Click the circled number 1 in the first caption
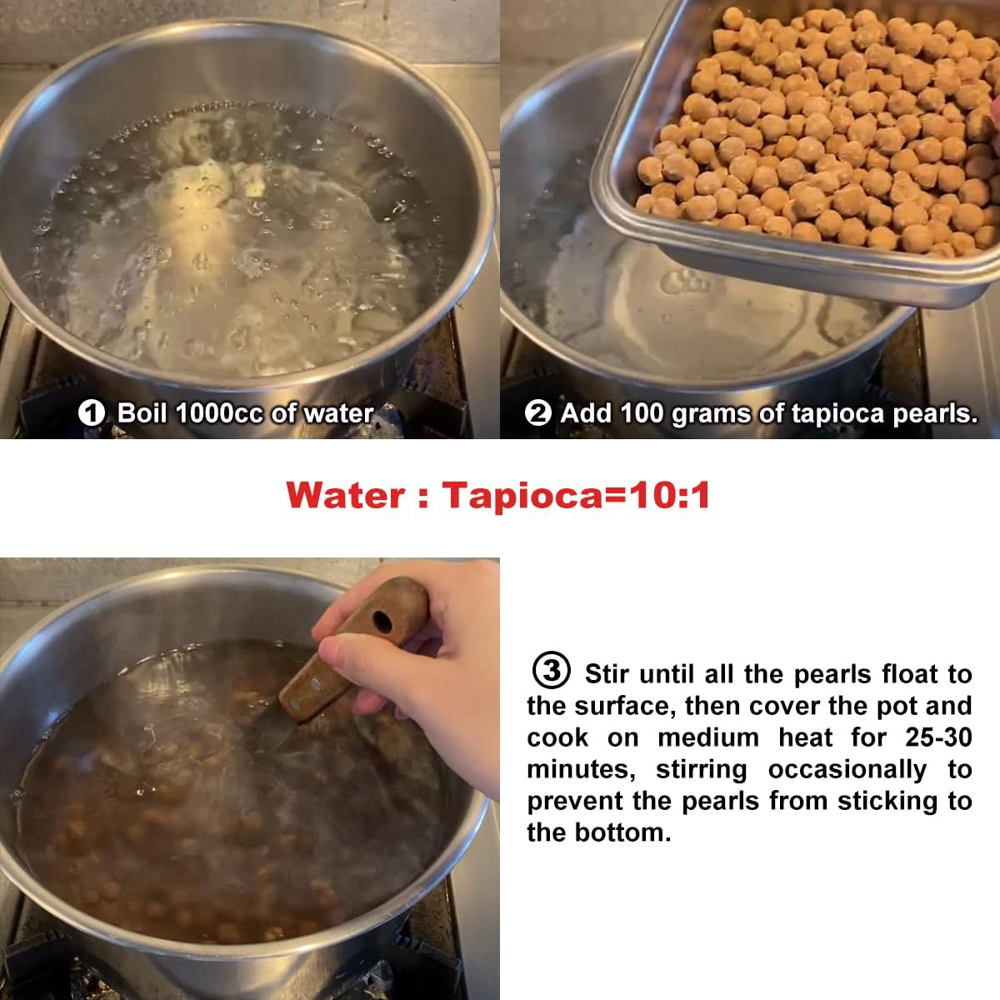92,413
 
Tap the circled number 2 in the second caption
538,413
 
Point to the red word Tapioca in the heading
523,496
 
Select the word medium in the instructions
708,737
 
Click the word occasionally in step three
847,770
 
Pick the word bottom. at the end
622,832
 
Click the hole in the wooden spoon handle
382,622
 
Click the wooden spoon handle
352,648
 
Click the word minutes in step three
581,770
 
